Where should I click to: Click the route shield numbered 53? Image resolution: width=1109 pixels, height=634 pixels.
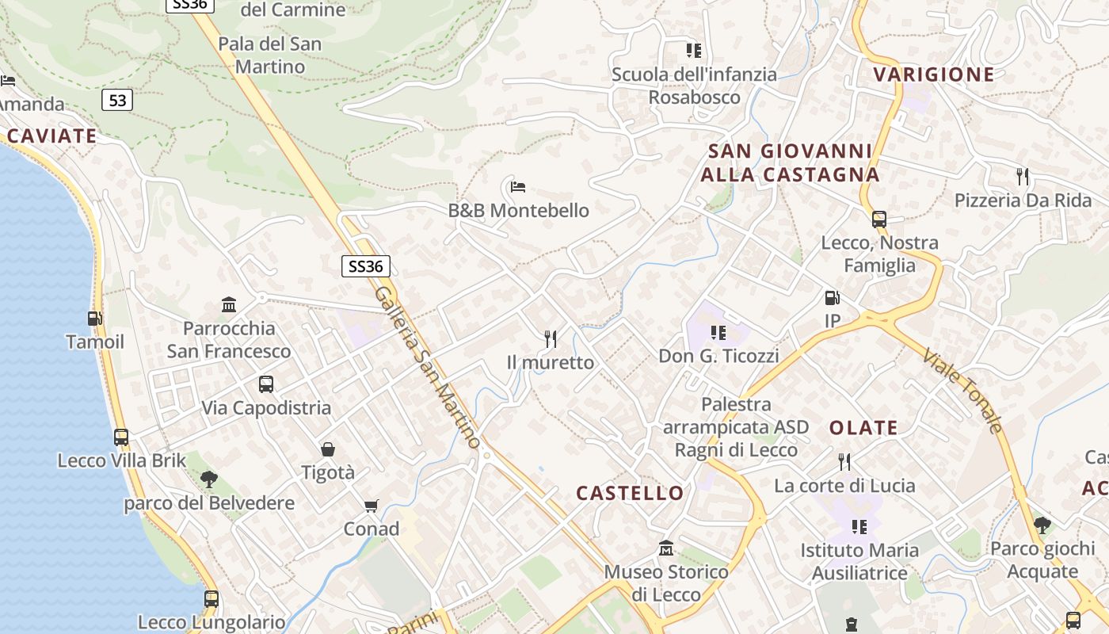tap(116, 100)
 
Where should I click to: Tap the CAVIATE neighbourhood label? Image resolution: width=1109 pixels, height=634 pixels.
tap(51, 136)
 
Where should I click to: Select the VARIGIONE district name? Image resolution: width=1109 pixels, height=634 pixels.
tap(933, 74)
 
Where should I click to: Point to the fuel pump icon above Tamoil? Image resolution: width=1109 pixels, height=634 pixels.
tap(95, 319)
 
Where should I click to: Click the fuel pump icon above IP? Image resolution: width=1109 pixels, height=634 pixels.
tap(832, 298)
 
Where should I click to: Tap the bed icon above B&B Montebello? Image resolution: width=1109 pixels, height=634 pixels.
tap(518, 187)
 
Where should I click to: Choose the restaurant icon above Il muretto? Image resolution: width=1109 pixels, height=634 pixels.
tap(551, 339)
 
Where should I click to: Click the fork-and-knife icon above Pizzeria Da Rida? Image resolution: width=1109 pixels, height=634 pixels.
tap(1023, 176)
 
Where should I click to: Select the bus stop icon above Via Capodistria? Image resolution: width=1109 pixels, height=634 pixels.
tap(266, 384)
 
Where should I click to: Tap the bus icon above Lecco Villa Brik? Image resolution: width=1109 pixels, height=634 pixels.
tap(121, 437)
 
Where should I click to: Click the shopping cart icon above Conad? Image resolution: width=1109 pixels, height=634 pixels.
tap(371, 506)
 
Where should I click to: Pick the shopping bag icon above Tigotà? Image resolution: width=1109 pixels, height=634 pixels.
tap(328, 449)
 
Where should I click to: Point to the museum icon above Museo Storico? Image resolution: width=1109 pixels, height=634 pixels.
tap(666, 548)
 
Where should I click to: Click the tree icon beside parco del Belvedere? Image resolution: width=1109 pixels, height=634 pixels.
tap(209, 479)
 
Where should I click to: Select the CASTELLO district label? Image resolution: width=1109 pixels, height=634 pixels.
tap(630, 493)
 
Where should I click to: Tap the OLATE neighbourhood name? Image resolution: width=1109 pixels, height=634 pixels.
tap(863, 428)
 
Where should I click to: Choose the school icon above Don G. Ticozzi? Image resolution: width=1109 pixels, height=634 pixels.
tap(718, 333)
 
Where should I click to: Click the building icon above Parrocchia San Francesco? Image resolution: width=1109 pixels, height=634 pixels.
tap(229, 304)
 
